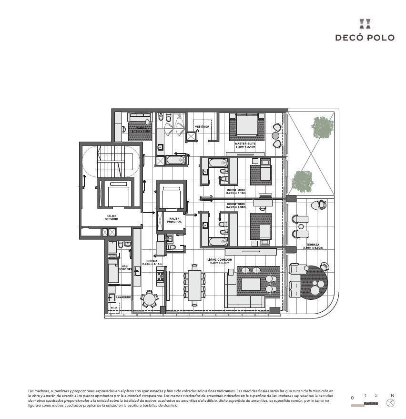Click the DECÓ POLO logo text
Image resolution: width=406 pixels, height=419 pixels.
pos(365,37)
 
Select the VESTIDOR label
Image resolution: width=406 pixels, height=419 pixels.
pos(202,127)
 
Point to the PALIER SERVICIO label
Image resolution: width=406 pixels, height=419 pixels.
pos(112,217)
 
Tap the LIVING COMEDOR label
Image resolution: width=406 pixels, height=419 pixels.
pos(220,260)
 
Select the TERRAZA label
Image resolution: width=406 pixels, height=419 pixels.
pos(313,245)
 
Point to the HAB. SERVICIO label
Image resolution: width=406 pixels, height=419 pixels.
pos(125,268)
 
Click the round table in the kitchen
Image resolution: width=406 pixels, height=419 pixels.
pos(149,299)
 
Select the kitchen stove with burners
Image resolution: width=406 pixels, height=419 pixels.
pos(160,275)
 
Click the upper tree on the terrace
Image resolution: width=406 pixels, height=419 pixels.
pos(323,127)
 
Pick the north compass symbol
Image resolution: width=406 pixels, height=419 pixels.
pos(391,403)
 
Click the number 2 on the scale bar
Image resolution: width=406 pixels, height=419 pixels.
pos(376,396)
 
